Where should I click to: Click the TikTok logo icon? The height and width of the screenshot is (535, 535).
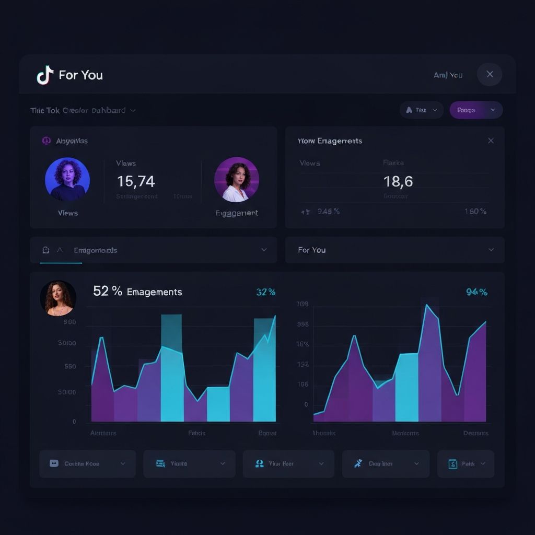coord(45,75)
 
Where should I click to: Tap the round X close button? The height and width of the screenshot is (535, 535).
coord(490,74)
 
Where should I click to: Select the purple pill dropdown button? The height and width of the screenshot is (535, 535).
coord(476,110)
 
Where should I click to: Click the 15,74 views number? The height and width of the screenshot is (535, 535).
coord(136,181)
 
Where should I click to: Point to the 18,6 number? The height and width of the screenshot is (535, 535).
coord(398,181)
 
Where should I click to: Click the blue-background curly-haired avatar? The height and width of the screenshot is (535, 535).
coord(67,179)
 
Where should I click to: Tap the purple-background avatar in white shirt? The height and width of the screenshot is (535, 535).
coord(236,179)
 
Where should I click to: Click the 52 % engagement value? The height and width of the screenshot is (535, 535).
coord(108,291)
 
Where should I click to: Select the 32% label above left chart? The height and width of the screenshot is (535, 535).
coord(266,292)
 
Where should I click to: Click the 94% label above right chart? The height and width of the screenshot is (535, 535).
coord(476,292)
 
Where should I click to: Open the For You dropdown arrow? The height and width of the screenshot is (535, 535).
coord(491,250)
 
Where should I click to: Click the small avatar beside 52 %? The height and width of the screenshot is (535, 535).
coord(58,298)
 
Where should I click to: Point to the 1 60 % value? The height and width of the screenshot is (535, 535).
coord(475,212)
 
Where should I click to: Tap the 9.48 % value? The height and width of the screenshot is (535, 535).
coord(329,212)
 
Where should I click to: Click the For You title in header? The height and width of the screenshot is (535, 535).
coord(80,75)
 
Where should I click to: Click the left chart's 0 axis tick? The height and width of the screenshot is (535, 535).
coord(74,421)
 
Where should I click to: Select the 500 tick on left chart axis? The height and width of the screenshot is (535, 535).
coord(70,366)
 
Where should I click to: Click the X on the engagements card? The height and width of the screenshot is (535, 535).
coord(491,141)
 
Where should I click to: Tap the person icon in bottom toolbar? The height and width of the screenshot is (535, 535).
coord(259,463)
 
